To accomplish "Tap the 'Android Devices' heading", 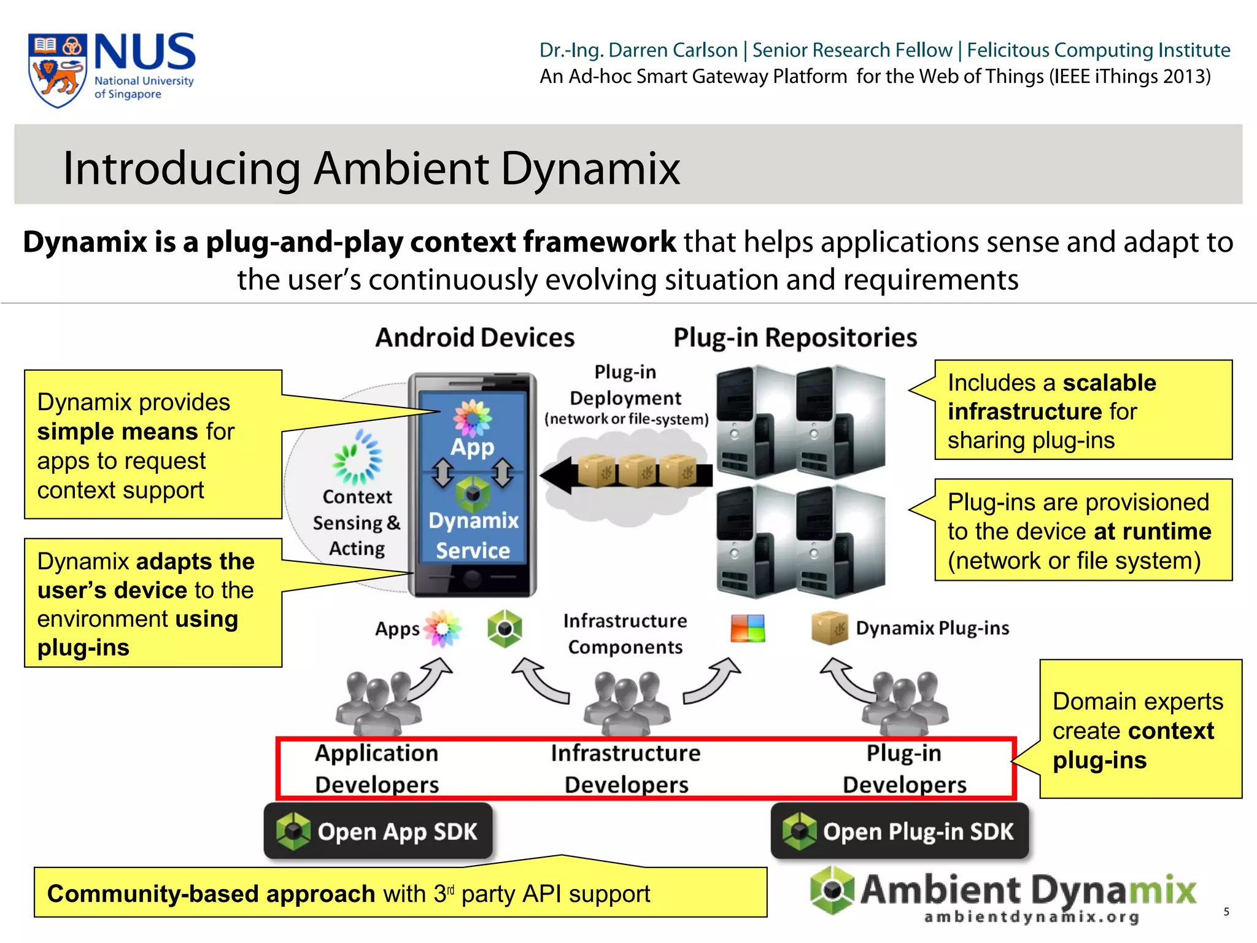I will pos(474,338).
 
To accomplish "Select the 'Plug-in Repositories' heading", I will pos(795,338).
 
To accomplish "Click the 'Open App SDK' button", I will pos(378,831).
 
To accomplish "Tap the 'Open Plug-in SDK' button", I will pos(900,831).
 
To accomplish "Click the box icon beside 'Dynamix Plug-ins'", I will pos(829,628).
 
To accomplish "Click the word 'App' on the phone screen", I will pos(472,447).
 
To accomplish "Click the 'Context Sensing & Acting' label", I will pos(357,522).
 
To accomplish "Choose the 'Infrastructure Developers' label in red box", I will pos(626,769).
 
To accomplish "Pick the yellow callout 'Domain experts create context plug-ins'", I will pos(1140,730).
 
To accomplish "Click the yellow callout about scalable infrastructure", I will pos(1083,411).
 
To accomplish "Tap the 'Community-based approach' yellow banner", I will pos(400,893).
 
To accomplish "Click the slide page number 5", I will pos(1226,912).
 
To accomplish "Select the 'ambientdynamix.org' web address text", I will pos(1031,917).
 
